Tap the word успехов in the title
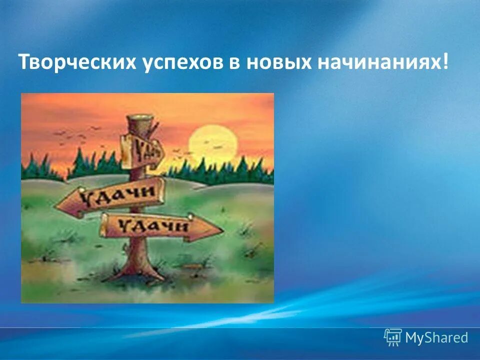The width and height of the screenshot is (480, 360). click(x=169, y=63)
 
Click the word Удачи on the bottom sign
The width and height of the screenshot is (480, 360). click(x=153, y=227)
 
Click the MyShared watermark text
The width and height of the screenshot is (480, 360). click(x=436, y=337)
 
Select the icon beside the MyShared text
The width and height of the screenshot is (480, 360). click(x=393, y=337)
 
